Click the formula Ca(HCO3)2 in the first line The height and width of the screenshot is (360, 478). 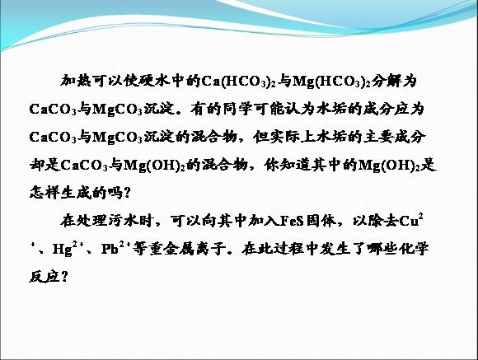coord(239,82)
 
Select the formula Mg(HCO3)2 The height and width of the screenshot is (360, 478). coord(331,82)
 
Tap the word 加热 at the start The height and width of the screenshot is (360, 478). coord(76,81)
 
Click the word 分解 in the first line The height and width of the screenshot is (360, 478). coord(387,81)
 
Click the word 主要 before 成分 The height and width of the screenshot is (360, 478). coord(378,137)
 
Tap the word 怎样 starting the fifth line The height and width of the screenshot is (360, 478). coord(45,193)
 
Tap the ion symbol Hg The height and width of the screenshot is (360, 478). coord(62,250)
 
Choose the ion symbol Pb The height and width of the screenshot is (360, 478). coord(110,250)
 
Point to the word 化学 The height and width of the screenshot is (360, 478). coord(414,249)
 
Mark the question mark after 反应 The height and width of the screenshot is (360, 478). coord(64,277)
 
